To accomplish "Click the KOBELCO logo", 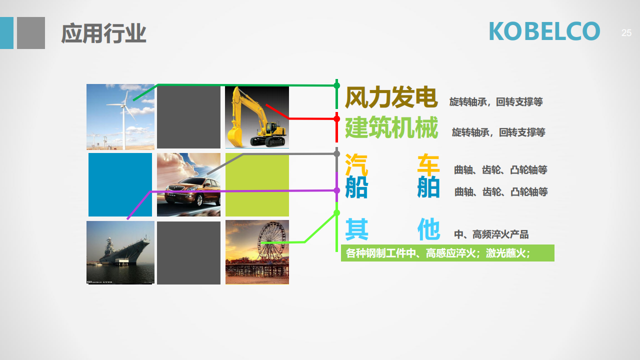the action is (x=544, y=31).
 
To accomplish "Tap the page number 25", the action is (x=626, y=33).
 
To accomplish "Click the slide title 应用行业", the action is (x=103, y=33).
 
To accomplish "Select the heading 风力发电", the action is (x=391, y=97).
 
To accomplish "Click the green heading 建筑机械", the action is (x=391, y=127).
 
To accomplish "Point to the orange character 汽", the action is (x=356, y=165).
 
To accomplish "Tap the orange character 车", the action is (x=428, y=165).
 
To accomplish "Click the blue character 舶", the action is (x=428, y=187).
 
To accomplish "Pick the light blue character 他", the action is (x=428, y=229).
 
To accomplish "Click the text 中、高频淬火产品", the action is (x=491, y=234).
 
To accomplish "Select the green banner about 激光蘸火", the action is (x=447, y=253).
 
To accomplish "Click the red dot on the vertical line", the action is (x=337, y=118).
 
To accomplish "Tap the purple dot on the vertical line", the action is (x=337, y=190).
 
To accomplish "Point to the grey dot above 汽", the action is (x=337, y=153).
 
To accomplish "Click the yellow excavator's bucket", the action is (x=235, y=137).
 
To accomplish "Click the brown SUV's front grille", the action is (x=175, y=188).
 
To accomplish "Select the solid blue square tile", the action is (x=120, y=184).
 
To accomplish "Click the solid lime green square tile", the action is (x=257, y=184).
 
